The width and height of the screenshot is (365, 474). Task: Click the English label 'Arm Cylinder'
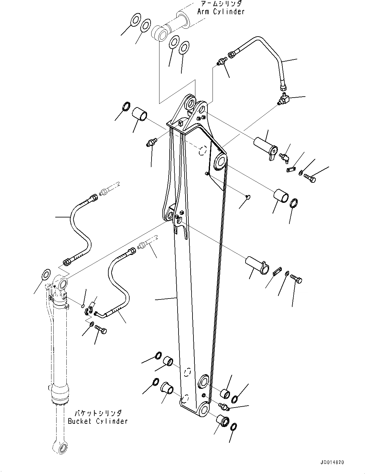(221, 12)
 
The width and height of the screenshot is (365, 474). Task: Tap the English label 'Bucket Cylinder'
(98, 421)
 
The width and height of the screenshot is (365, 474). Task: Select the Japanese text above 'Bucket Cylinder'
(98, 414)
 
